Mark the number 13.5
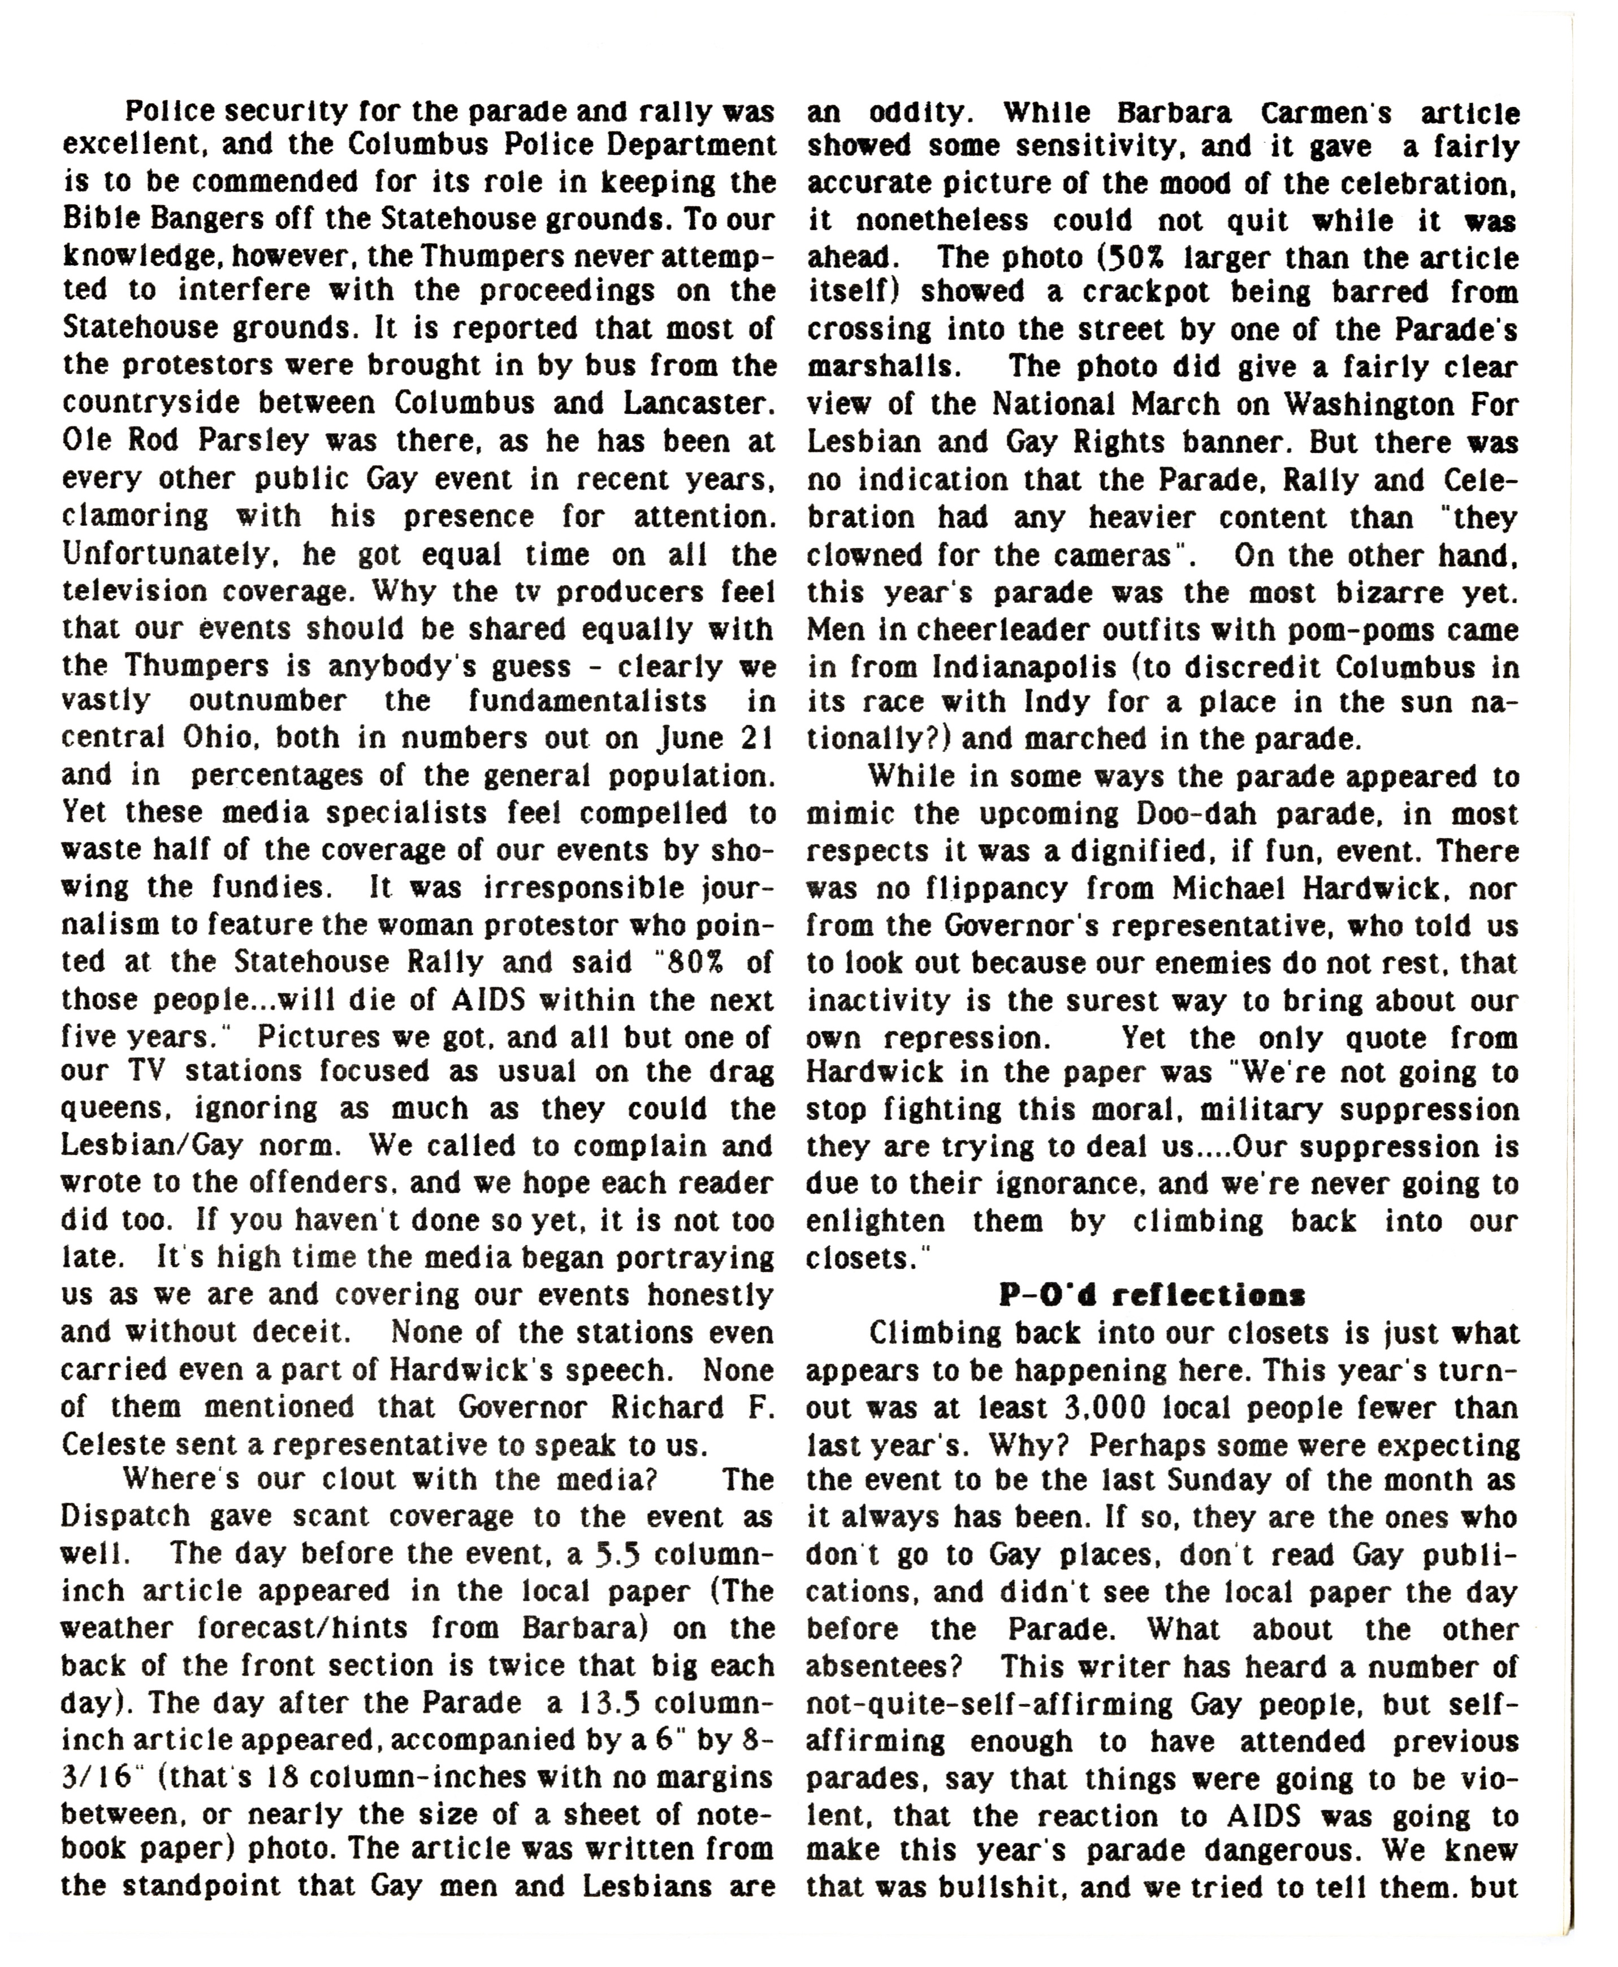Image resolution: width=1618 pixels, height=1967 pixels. pyautogui.click(x=612, y=1702)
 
